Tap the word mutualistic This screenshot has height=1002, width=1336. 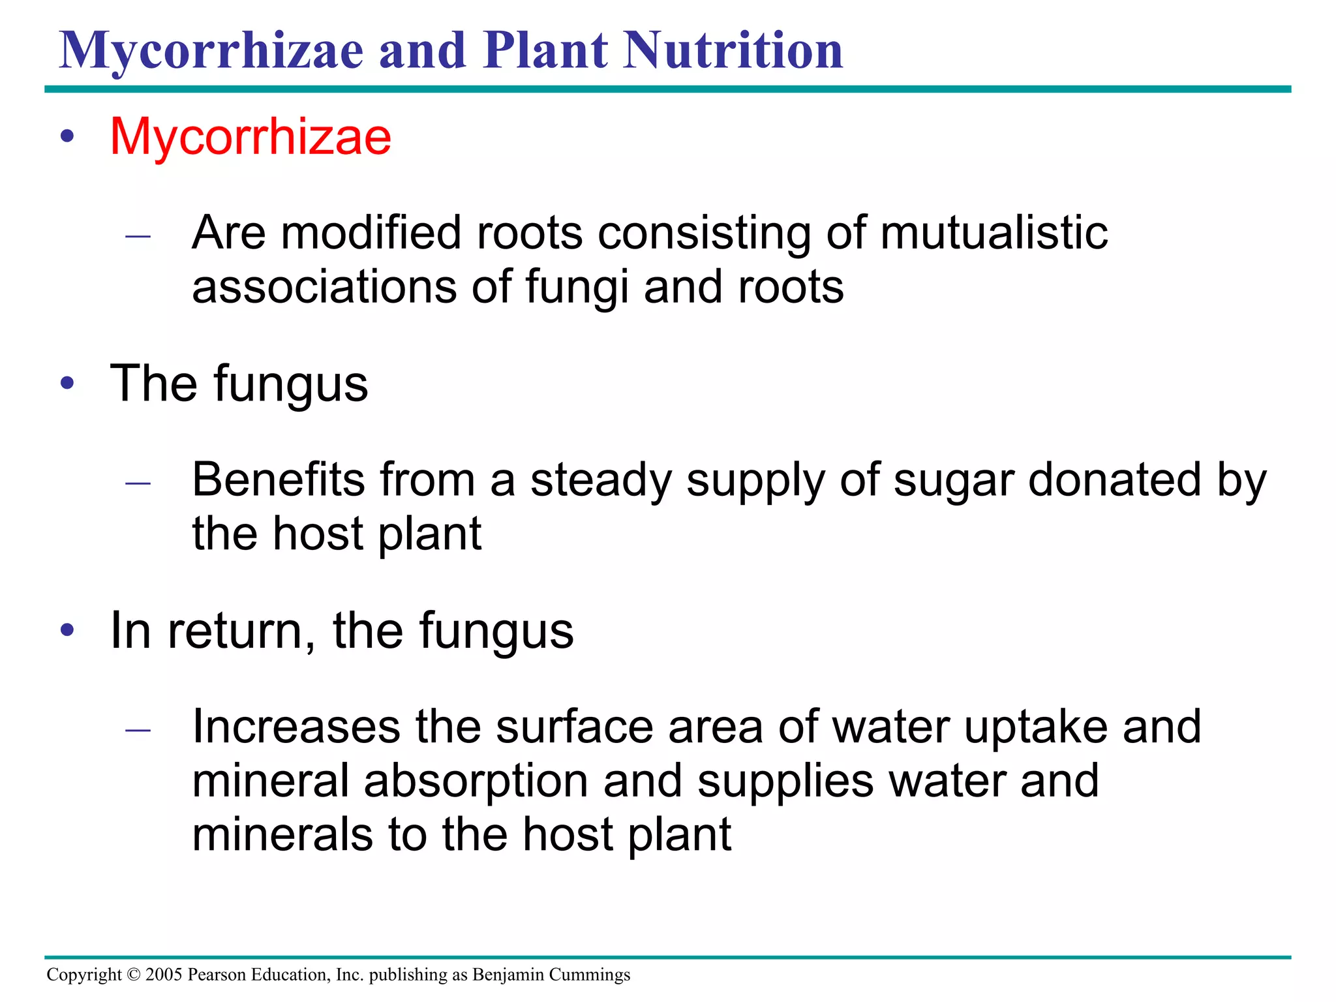[x=994, y=233]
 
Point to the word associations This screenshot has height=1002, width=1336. [x=324, y=287]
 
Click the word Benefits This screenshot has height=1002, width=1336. [x=279, y=480]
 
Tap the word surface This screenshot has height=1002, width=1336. [x=574, y=727]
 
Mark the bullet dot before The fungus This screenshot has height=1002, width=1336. [x=67, y=384]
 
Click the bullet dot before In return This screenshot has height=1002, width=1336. [x=67, y=630]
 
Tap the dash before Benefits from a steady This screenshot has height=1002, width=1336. [x=138, y=483]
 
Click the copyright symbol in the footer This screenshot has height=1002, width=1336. [x=134, y=975]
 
